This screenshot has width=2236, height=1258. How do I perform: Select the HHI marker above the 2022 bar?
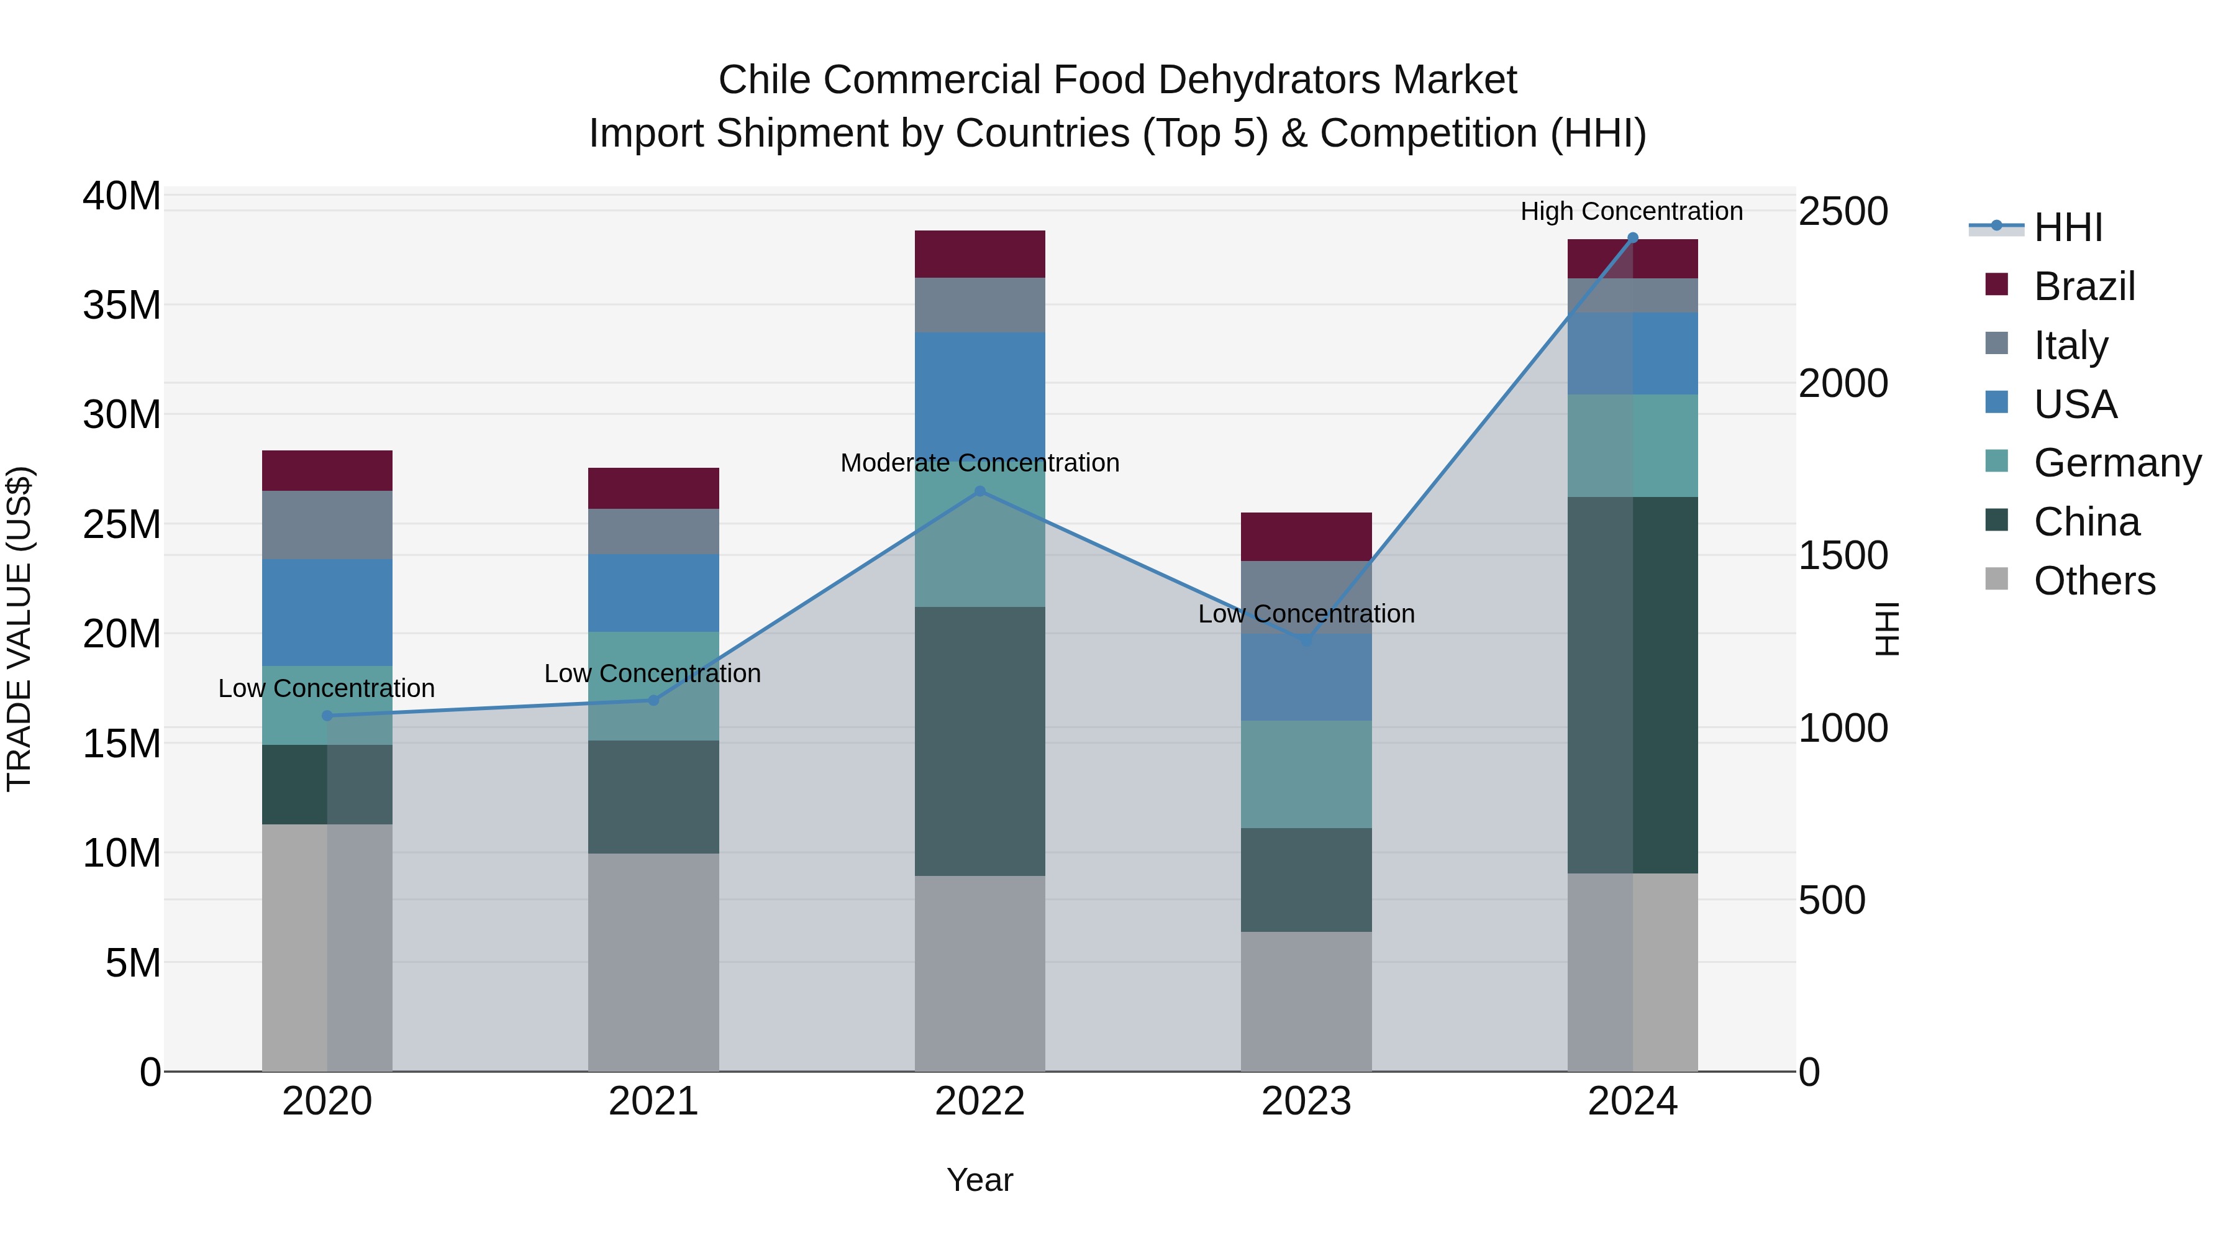pos(980,491)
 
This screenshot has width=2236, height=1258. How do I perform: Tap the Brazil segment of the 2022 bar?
pos(980,254)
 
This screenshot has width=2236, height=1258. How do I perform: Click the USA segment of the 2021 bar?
pos(653,593)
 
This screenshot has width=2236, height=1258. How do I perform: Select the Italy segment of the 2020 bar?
pos(327,524)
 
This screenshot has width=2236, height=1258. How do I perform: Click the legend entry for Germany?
pos(2117,463)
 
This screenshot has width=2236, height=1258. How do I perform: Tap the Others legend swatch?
pos(1996,579)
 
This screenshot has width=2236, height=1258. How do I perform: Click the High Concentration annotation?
pos(1631,211)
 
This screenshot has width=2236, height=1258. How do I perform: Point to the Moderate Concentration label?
pos(980,463)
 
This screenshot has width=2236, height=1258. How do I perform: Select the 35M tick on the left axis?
pos(122,306)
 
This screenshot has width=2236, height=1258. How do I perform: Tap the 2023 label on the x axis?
pos(1306,1101)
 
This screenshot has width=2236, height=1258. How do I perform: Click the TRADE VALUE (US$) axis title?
pos(19,629)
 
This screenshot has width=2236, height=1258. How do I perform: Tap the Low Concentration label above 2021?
pos(652,673)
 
